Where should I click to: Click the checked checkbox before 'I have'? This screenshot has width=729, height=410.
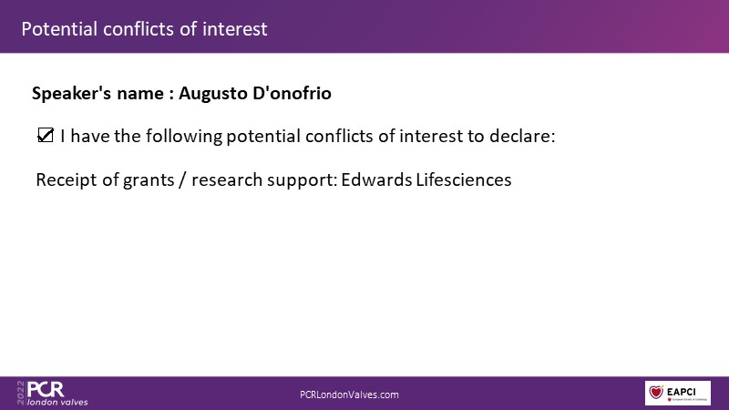tap(46, 135)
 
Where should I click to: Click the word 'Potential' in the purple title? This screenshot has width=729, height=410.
tap(59, 29)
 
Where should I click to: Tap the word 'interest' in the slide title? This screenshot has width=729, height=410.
tap(234, 29)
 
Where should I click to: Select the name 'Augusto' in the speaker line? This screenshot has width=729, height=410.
tap(213, 94)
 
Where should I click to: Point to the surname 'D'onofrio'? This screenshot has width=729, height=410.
tap(292, 93)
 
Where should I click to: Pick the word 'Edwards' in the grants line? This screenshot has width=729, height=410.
tap(376, 179)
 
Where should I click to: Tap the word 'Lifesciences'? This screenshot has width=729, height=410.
tap(464, 179)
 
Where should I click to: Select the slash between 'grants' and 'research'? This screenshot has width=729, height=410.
tap(183, 179)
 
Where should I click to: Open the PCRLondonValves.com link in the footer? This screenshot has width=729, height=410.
tap(349, 395)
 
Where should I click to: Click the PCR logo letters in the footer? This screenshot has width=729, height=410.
tap(46, 389)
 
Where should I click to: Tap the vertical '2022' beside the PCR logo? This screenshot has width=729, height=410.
tap(21, 393)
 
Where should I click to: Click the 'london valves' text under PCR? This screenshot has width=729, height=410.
tap(57, 402)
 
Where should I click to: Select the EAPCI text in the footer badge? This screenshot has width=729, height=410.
tap(681, 392)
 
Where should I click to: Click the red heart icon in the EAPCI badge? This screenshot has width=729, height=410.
tap(656, 392)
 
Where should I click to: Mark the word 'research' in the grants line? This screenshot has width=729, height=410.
tap(227, 179)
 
